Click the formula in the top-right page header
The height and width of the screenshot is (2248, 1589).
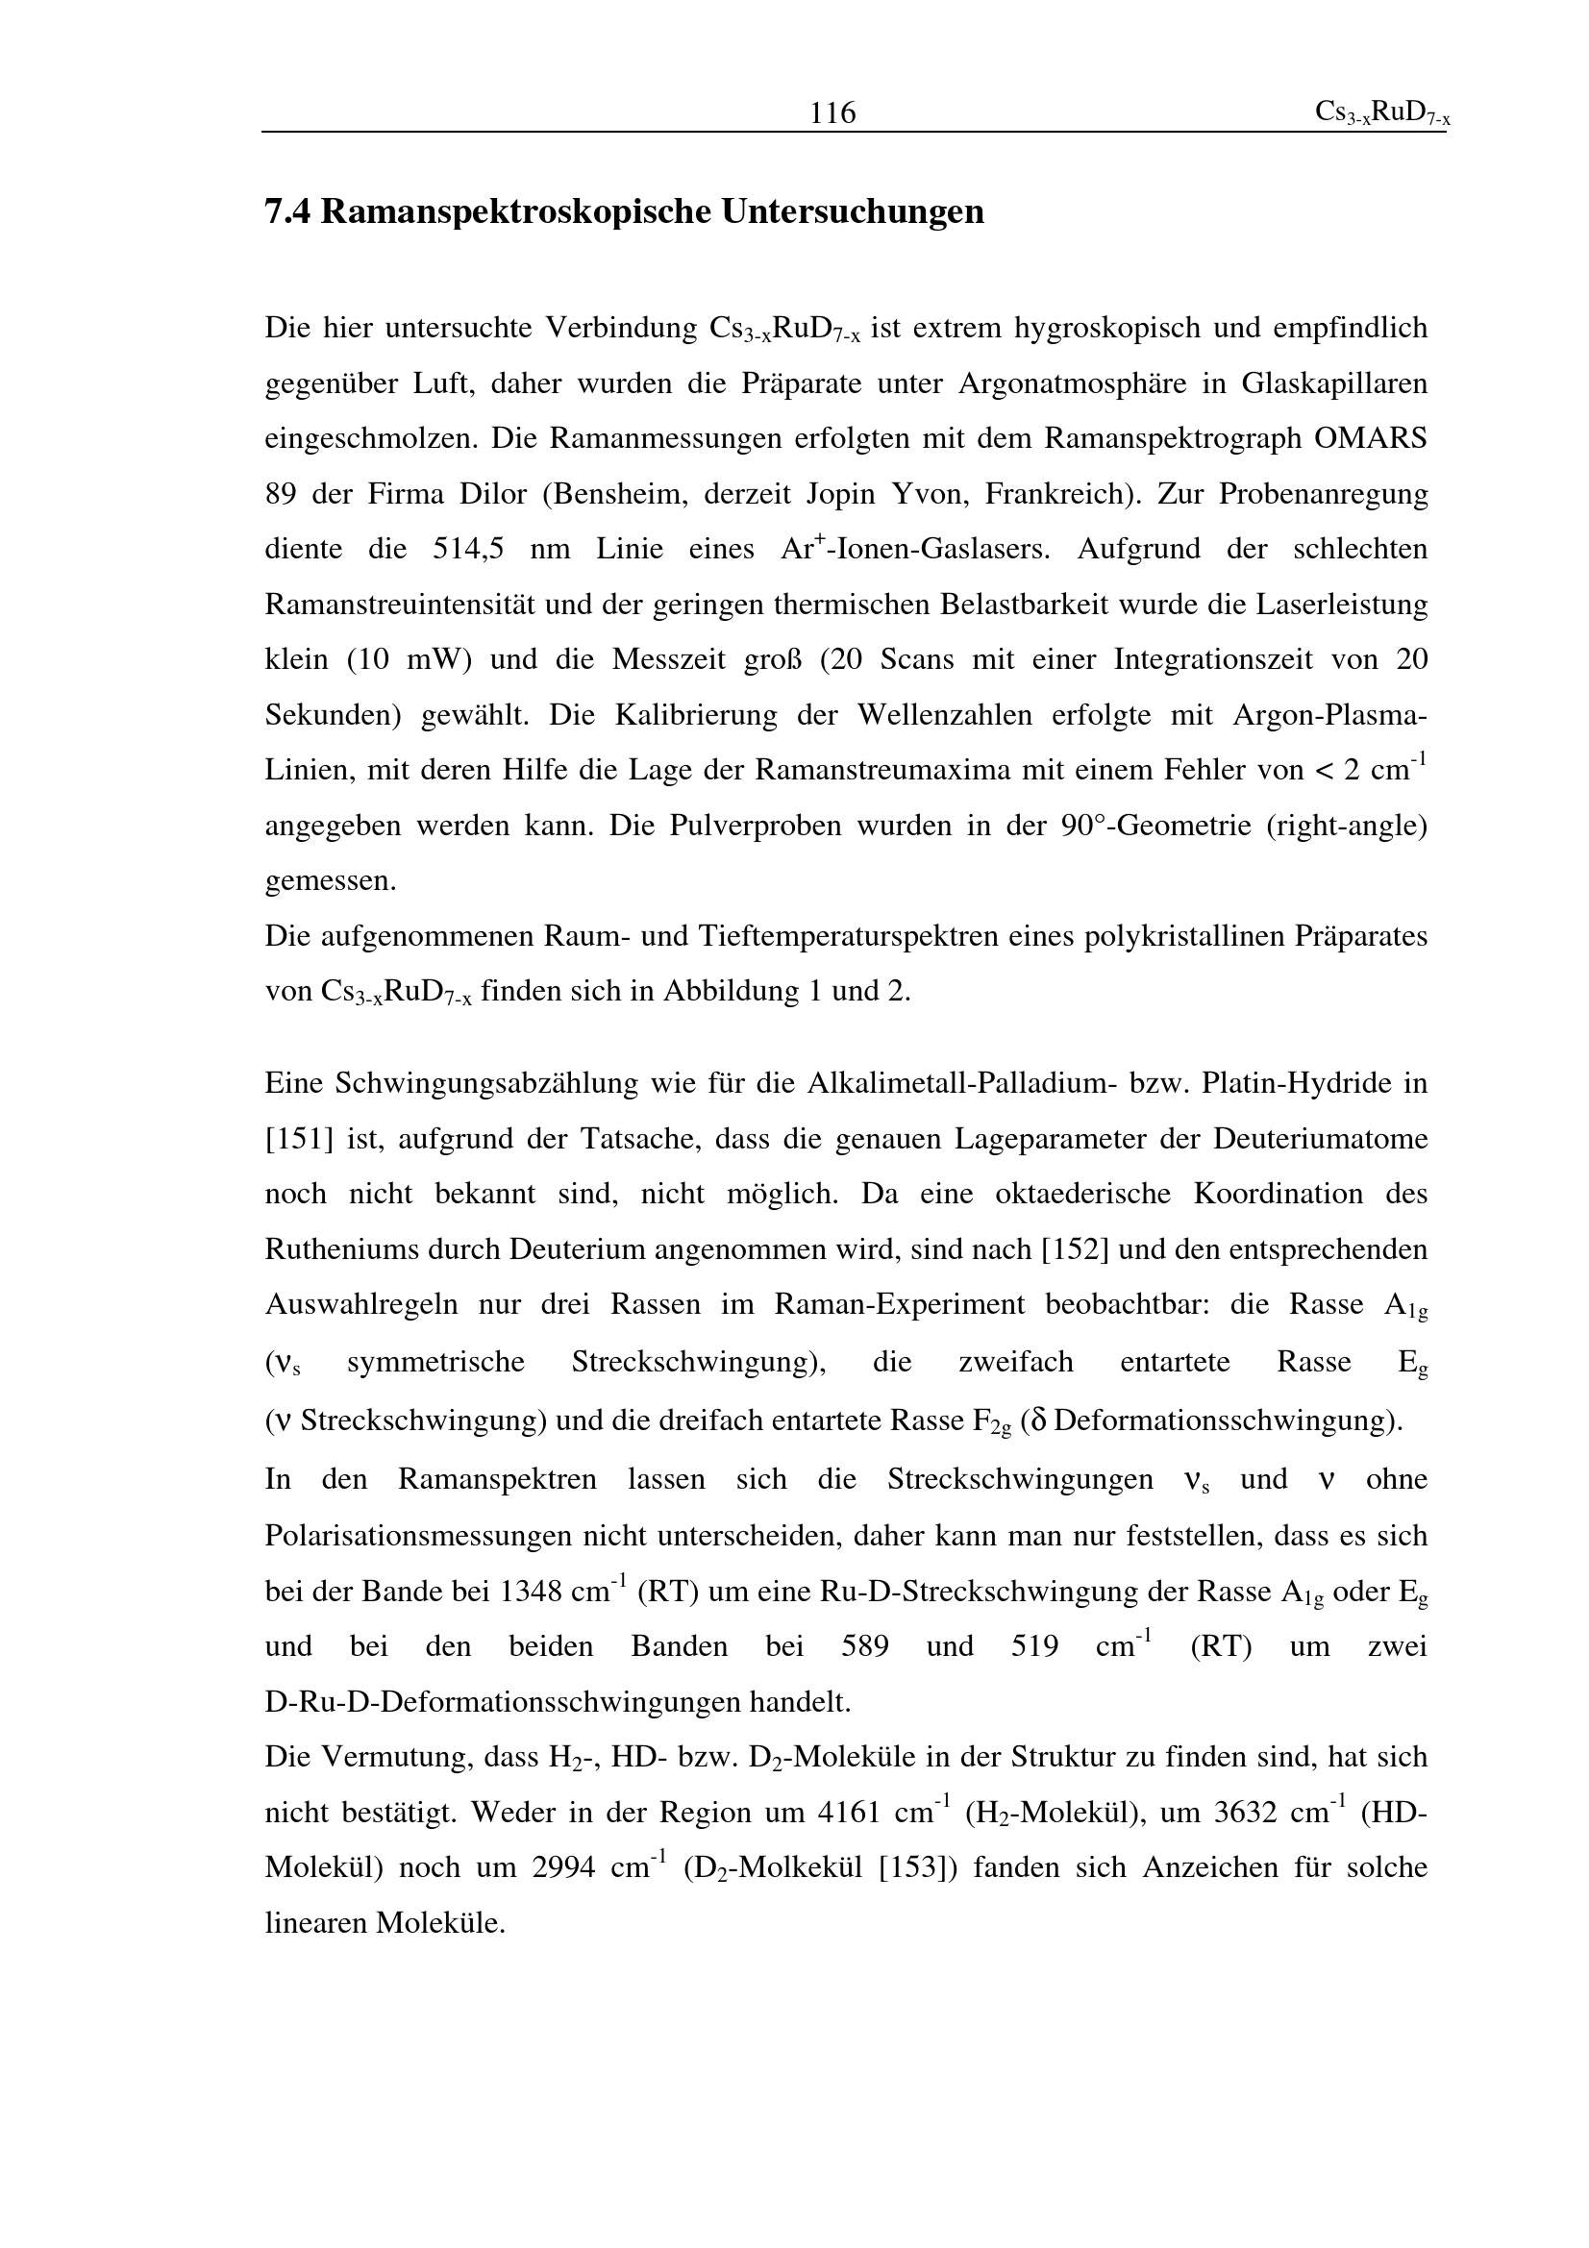pos(1381,113)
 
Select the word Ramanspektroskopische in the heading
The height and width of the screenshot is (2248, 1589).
pos(516,211)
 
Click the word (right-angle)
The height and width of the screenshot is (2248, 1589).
pos(1346,826)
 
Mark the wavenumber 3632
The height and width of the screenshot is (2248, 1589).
pos(1244,1813)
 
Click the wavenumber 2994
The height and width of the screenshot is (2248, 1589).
pos(563,1867)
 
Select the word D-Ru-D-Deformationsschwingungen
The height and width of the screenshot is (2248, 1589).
pos(558,1703)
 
